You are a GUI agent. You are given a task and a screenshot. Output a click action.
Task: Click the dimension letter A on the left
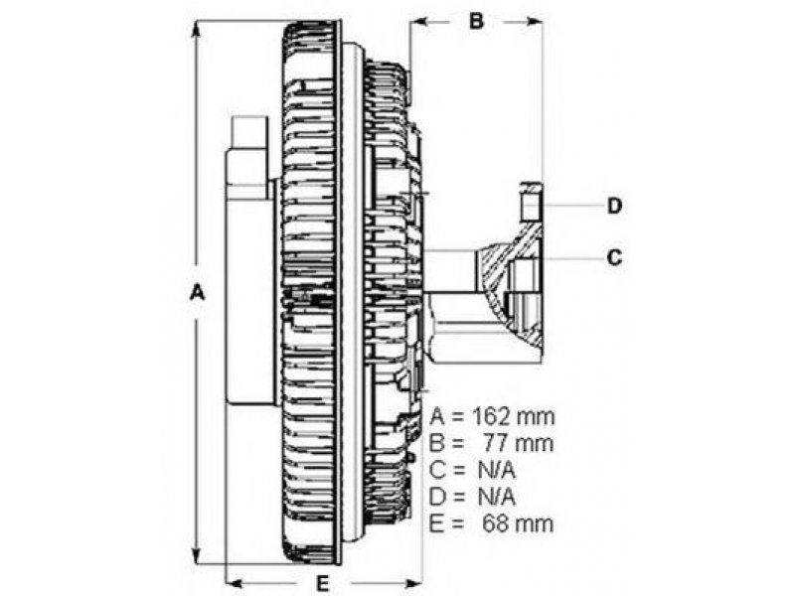point(197,293)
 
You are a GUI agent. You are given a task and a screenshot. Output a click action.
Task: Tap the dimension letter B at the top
point(476,21)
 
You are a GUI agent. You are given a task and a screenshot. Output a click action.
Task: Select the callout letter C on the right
point(614,257)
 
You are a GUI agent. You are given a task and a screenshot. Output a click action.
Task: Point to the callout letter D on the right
point(614,207)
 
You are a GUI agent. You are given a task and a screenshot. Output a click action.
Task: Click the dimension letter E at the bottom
point(323,584)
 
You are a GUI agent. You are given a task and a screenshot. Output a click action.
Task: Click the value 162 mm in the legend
point(513,417)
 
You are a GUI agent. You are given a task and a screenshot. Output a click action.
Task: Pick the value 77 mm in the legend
point(517,443)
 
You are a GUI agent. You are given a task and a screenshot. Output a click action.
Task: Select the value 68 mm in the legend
point(518,523)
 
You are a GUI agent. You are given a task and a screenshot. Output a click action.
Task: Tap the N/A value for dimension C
point(497,470)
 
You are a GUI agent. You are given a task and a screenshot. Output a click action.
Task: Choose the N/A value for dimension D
point(497,498)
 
